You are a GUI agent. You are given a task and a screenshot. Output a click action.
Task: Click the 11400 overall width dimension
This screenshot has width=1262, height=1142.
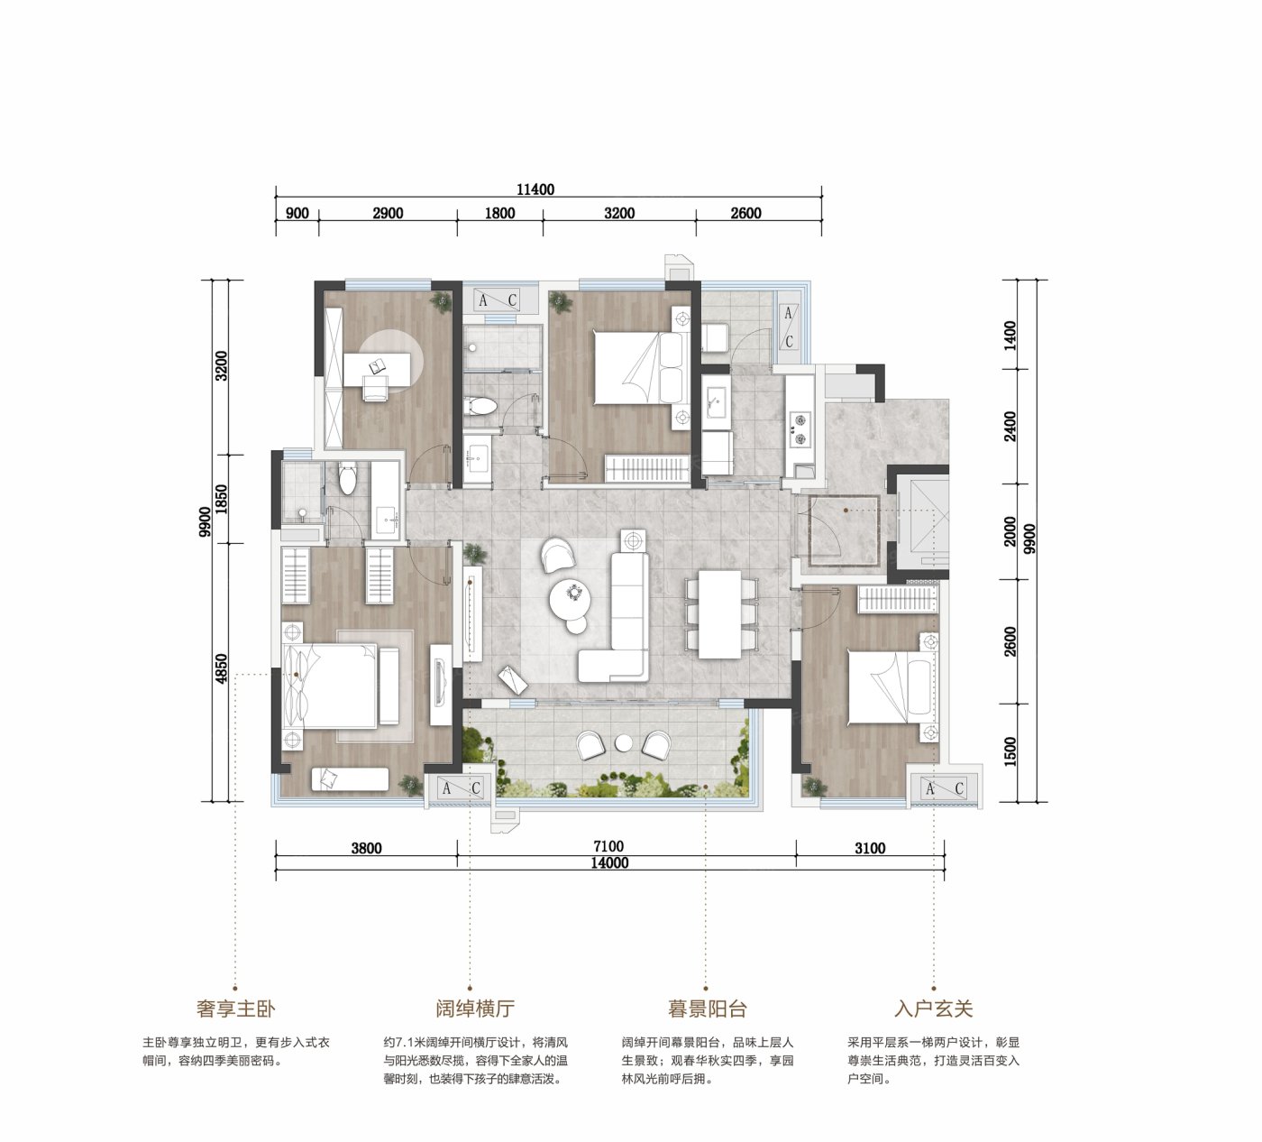535,189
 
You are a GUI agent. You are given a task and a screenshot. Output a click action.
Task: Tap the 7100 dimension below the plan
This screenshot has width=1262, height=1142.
608,846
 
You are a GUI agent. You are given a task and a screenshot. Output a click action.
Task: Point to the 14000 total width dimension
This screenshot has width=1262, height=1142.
609,862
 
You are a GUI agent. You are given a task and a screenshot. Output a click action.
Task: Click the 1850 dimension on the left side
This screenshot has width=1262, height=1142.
221,499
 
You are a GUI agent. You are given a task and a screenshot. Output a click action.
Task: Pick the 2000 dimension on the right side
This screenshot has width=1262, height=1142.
1010,531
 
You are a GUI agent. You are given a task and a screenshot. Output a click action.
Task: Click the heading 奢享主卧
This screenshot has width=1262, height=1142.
236,1008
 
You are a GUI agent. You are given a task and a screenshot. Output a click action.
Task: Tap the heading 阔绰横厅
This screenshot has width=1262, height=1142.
475,1008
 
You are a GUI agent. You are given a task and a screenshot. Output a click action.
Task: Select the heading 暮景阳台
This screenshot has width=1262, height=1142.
707,1008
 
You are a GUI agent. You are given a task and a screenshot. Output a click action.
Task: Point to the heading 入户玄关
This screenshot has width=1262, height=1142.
934,1008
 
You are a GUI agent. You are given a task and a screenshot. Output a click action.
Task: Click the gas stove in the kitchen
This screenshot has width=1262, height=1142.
799,430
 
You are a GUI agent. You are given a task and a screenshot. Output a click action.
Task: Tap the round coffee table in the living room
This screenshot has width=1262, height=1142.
570,601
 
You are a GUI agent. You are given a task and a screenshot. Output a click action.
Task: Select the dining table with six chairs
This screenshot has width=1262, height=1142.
719,614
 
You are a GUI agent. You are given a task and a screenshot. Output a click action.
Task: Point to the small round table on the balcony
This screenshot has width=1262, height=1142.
624,743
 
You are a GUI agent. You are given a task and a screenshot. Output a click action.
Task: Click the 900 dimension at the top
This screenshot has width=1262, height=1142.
297,213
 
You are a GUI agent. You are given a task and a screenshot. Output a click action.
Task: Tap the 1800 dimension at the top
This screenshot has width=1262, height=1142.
499,213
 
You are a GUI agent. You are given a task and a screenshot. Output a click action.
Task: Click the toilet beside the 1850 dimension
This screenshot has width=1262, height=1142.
347,477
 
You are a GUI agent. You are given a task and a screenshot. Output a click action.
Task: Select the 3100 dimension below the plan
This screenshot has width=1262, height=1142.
870,848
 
